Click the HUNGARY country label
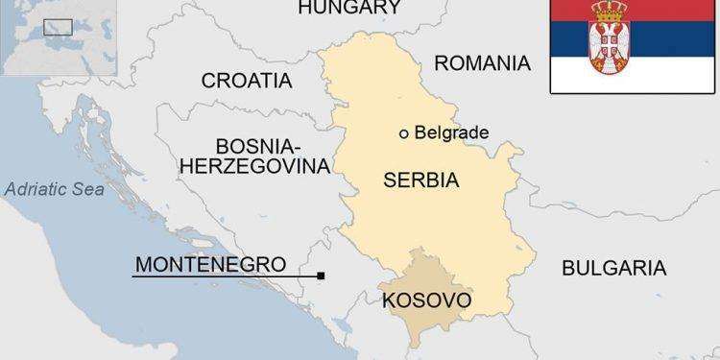pyautogui.click(x=348, y=9)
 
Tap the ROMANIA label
pyautogui.click(x=482, y=63)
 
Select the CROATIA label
pyautogui.click(x=246, y=80)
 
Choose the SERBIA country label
pyautogui.click(x=420, y=180)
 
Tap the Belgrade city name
pyautogui.click(x=451, y=133)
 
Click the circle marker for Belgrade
pyautogui.click(x=404, y=133)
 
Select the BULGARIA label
pyautogui.click(x=613, y=267)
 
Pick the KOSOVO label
pyautogui.click(x=426, y=301)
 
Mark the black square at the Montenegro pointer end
pyautogui.click(x=321, y=276)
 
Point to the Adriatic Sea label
pyautogui.click(x=53, y=189)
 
